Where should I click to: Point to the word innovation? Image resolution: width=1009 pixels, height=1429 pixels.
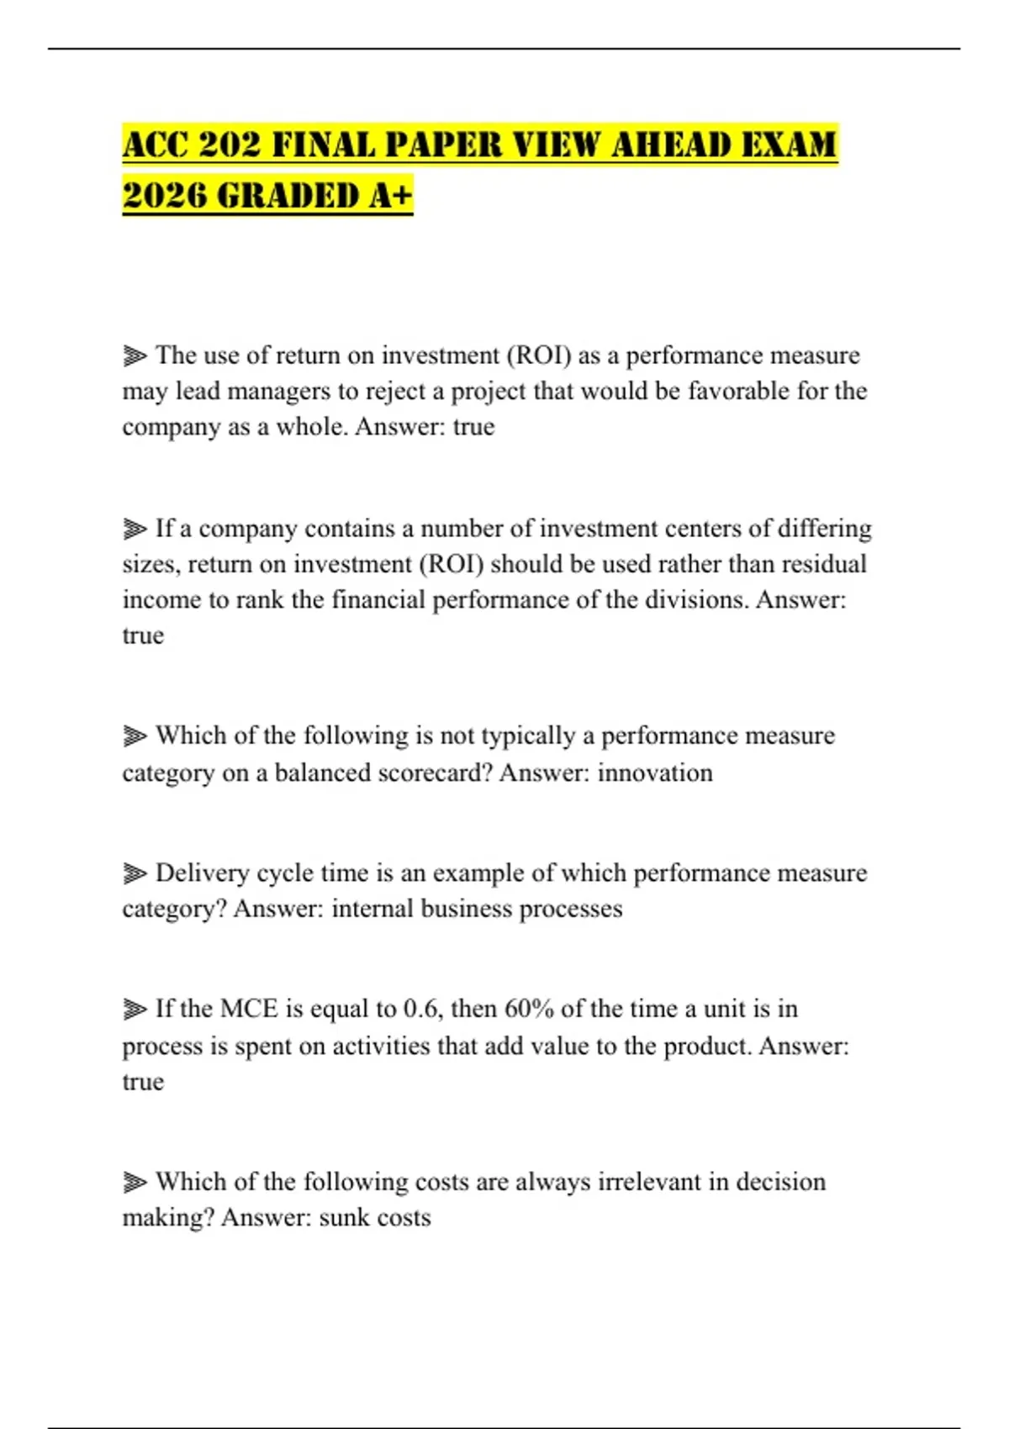[x=655, y=773]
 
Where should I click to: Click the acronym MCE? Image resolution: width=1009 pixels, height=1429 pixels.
[x=250, y=1009]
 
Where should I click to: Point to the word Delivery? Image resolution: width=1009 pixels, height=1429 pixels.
[x=202, y=873]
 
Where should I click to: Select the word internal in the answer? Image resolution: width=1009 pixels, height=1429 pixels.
[x=372, y=909]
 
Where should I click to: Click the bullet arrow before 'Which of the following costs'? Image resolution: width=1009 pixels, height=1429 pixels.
[x=135, y=1183]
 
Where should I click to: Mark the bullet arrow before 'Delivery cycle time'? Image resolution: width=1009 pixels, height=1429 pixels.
[x=135, y=873]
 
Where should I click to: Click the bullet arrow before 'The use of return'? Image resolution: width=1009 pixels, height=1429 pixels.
[x=135, y=356]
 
